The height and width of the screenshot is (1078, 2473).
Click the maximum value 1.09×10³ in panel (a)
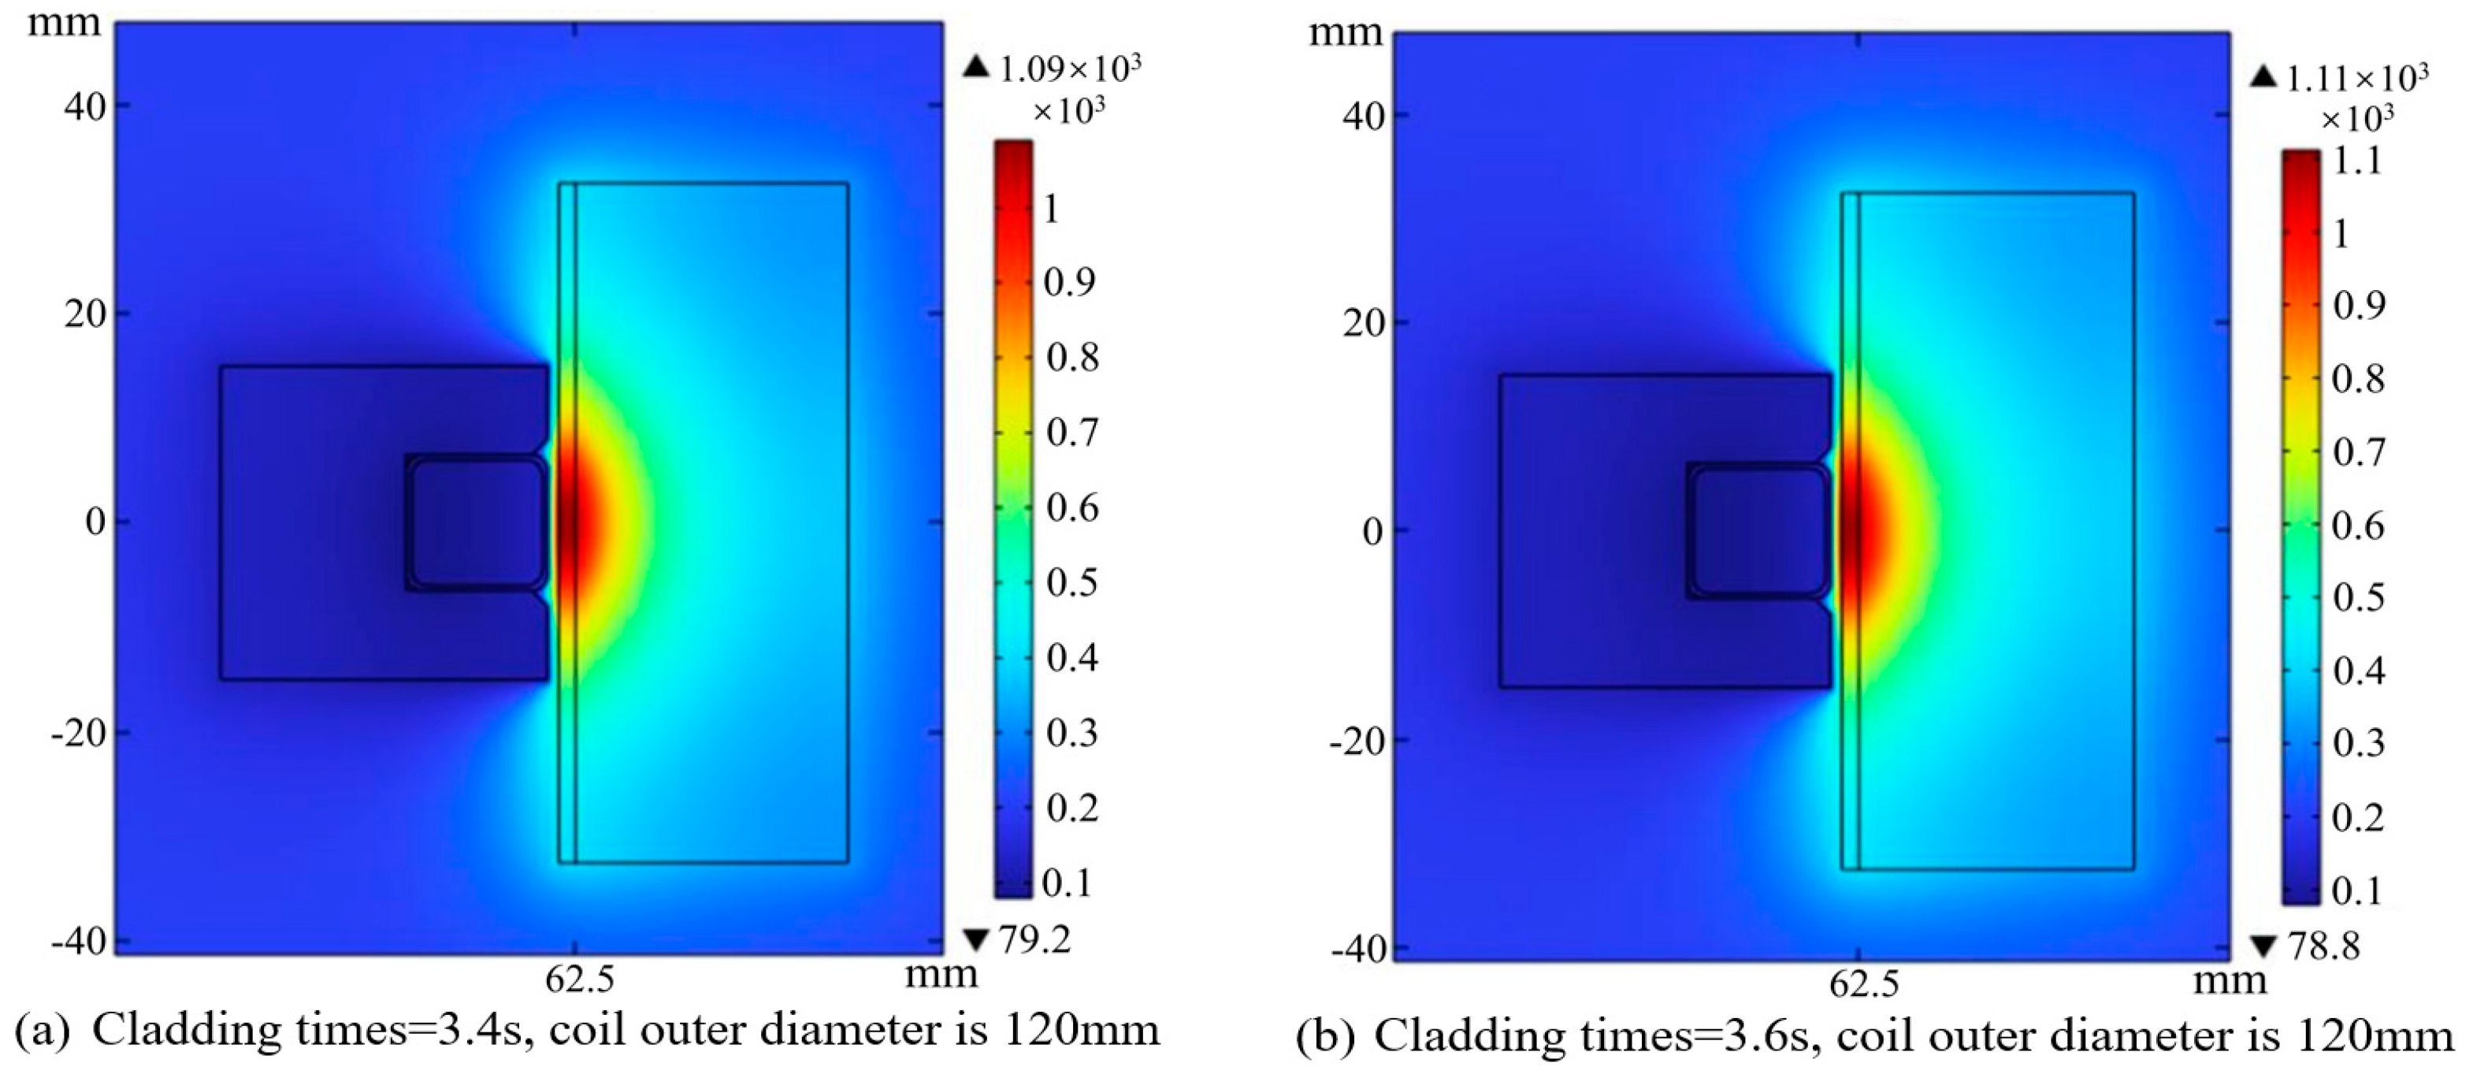[1069, 69]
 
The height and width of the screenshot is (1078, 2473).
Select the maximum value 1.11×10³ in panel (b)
[2357, 79]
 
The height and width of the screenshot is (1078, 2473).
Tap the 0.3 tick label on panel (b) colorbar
[2359, 744]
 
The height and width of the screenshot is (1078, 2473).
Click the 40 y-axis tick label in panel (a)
[85, 106]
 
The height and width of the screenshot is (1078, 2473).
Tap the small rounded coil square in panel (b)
[1758, 531]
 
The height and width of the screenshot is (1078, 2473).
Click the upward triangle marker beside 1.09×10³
[975, 67]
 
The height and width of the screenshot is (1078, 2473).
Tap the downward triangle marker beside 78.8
[2263, 947]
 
